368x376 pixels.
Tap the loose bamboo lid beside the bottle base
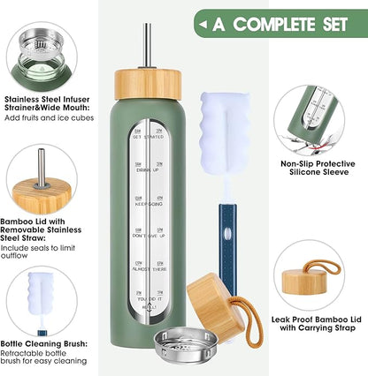point(213,305)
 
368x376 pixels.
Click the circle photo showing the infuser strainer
point(42,40)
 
